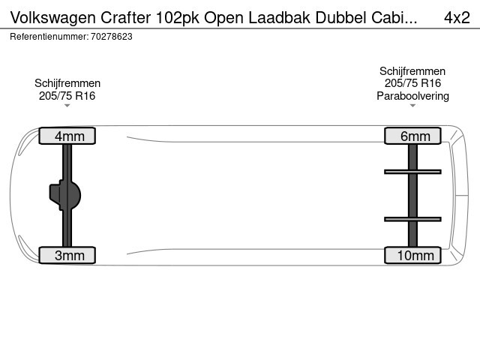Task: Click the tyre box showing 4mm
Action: point(67,136)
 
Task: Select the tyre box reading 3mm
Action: point(67,255)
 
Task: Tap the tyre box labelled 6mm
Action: point(412,136)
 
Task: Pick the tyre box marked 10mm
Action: point(412,255)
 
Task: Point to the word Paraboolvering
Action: point(412,96)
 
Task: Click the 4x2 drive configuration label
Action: point(457,17)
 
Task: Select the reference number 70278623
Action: point(112,37)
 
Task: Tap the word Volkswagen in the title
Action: point(53,18)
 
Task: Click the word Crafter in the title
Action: point(125,18)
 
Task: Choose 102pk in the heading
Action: point(178,18)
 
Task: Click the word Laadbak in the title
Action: point(280,18)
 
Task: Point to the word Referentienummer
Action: point(49,37)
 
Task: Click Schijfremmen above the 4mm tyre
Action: point(67,83)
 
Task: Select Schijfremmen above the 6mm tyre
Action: point(412,71)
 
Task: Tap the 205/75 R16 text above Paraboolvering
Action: point(412,83)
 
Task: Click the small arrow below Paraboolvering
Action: point(412,106)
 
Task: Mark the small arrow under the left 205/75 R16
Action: point(67,106)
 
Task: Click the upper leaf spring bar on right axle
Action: point(412,172)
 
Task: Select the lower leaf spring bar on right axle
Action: point(412,219)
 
